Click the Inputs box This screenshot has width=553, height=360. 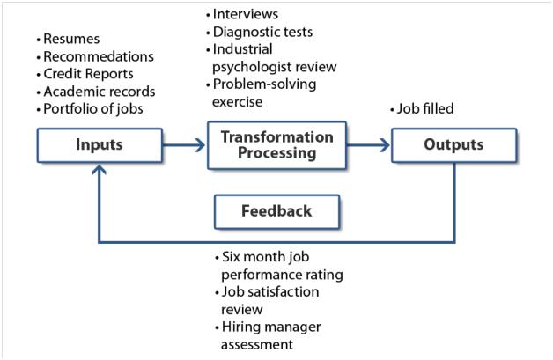point(100,145)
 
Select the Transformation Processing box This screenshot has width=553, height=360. point(276,145)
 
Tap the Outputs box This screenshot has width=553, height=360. point(453,145)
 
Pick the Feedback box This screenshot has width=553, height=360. point(276,211)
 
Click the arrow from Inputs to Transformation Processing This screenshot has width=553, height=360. point(184,145)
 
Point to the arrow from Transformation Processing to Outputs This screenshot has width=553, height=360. point(369,145)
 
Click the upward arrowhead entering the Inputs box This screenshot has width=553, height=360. point(100,170)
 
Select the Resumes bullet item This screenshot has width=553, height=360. point(68,39)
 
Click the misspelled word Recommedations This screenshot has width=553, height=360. point(99,56)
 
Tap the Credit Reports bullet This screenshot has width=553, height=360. point(85,74)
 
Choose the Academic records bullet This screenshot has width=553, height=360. point(96,92)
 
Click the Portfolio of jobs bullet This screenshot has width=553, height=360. point(90,109)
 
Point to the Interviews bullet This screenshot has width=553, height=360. point(242,14)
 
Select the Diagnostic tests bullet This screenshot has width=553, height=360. point(259,32)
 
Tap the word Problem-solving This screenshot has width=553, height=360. point(264,84)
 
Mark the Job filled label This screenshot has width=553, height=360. point(422,108)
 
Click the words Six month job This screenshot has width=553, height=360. point(265,257)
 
